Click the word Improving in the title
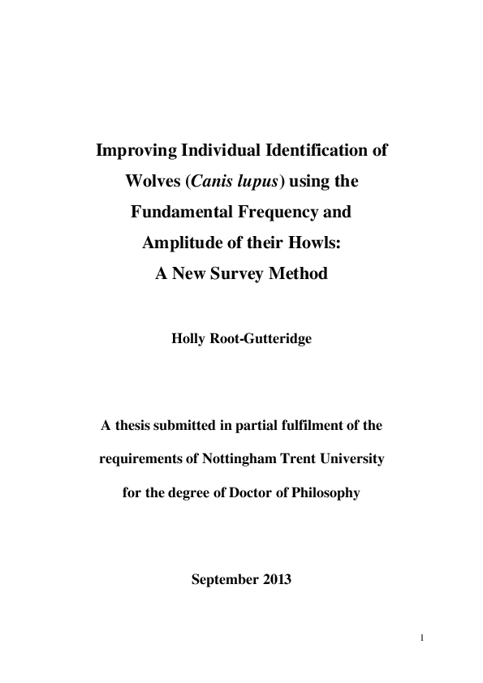(137, 151)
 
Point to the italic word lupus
(258, 182)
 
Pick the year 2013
(277, 581)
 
